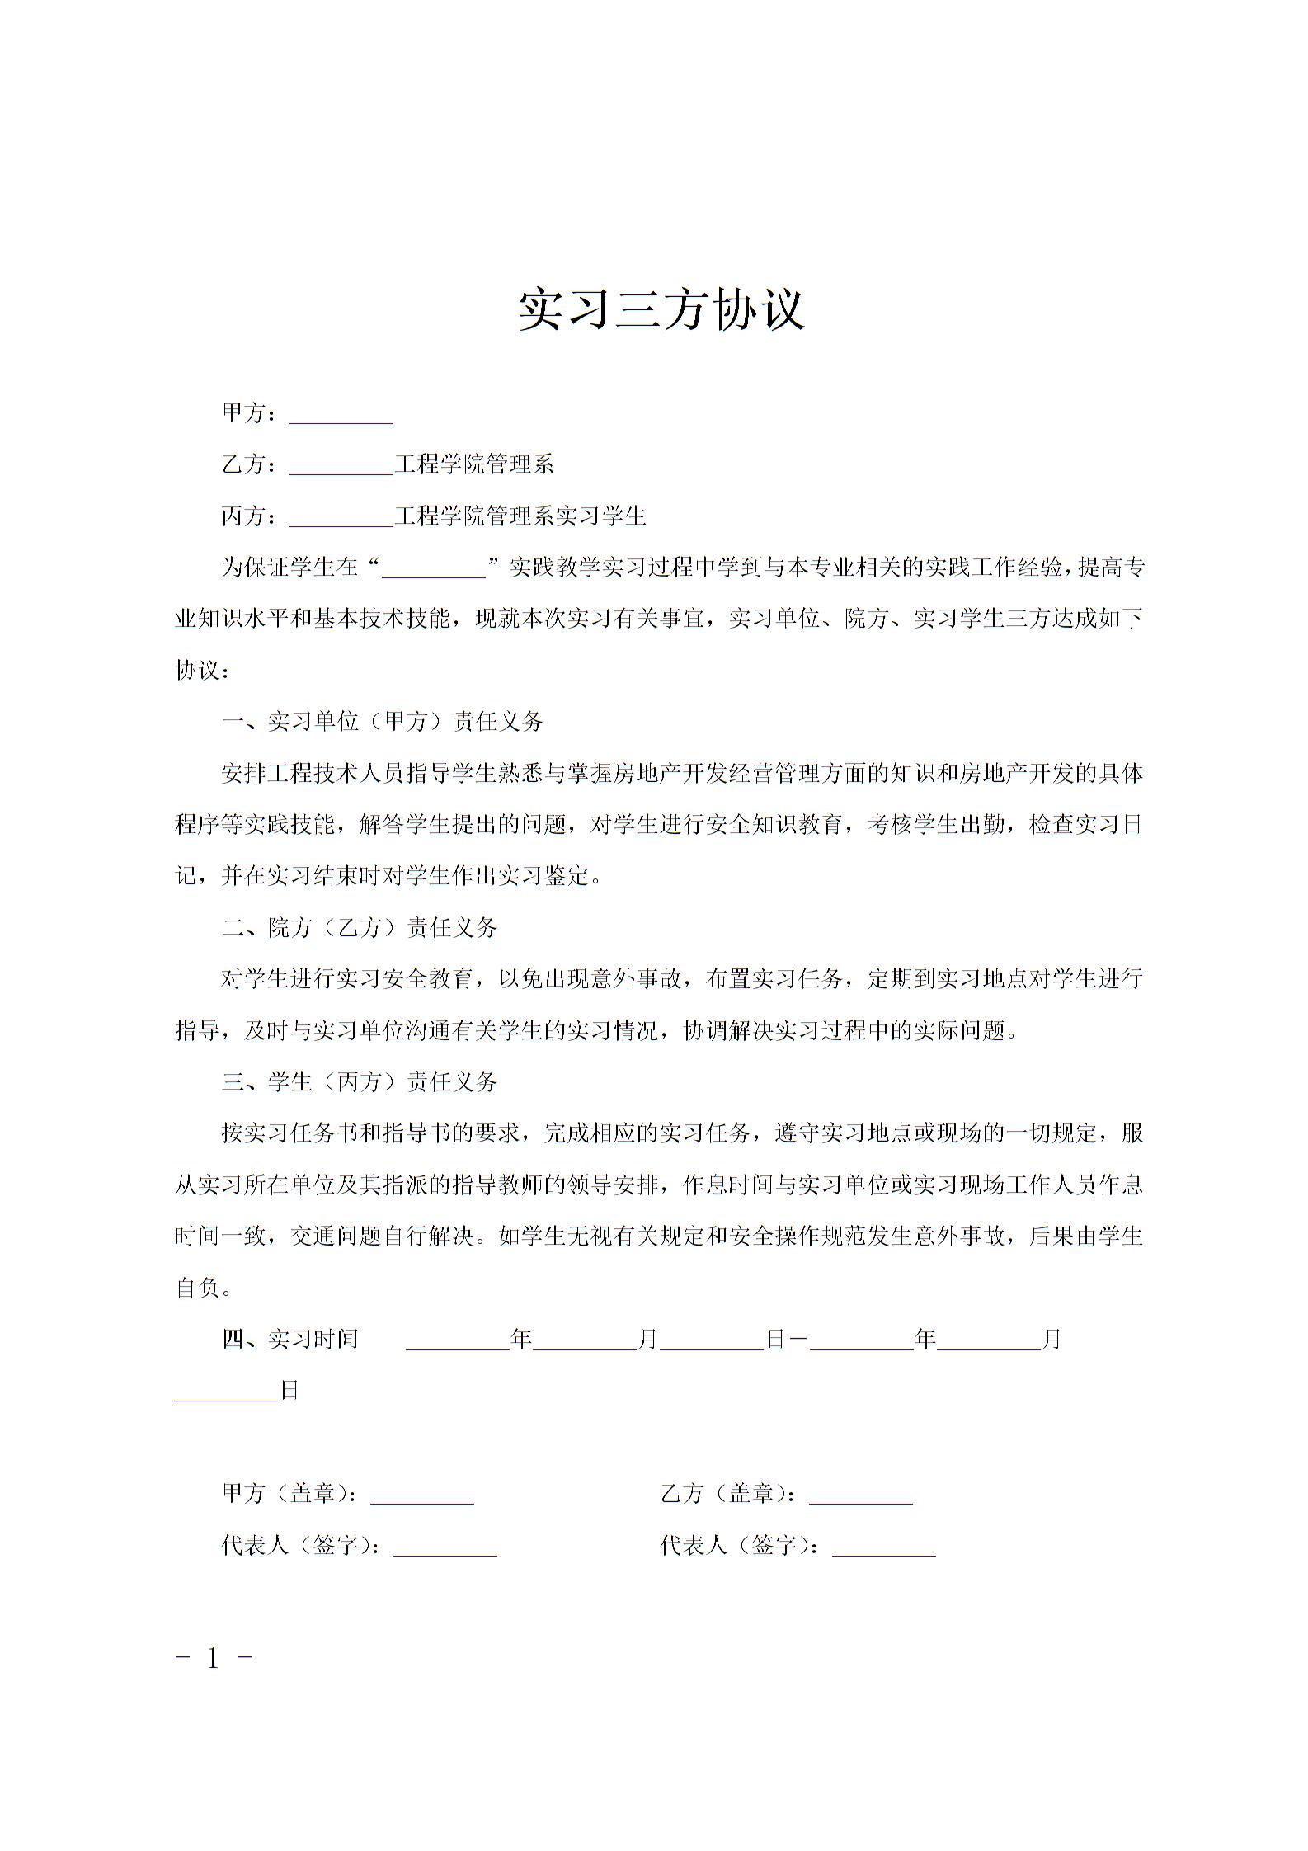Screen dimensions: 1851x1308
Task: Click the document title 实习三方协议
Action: pos(661,310)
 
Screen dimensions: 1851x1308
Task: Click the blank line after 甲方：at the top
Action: pos(341,416)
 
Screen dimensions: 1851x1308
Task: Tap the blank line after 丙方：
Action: pos(341,518)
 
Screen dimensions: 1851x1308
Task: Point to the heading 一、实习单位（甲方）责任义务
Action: pos(383,722)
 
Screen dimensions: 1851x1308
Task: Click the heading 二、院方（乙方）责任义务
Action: pos(360,928)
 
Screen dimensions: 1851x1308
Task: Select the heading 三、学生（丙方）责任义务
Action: pos(360,1082)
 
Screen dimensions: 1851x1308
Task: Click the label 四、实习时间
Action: pos(290,1340)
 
